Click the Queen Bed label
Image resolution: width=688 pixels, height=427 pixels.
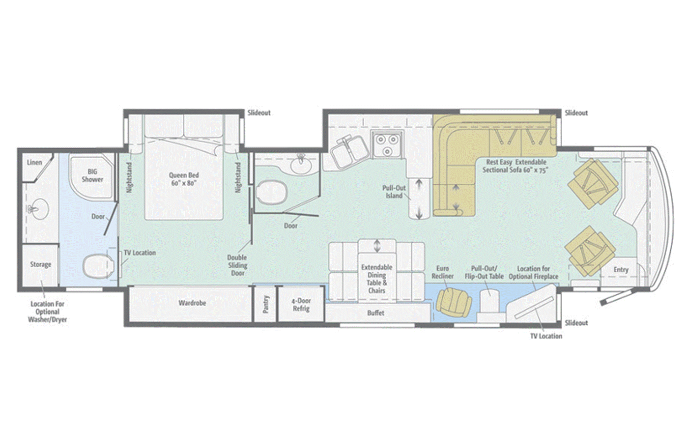(184, 179)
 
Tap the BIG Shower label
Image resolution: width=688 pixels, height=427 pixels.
(92, 175)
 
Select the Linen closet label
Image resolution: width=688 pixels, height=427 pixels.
(34, 162)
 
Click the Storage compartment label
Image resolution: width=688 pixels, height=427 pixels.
(40, 264)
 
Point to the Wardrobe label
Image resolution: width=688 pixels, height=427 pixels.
(192, 303)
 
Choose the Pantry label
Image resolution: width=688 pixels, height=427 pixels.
(266, 304)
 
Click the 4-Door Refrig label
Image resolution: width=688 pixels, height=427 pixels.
(301, 305)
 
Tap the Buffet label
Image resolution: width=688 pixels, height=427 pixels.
(375, 313)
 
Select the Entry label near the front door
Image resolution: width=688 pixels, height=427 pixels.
(621, 270)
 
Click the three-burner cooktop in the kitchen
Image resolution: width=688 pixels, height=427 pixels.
(387, 144)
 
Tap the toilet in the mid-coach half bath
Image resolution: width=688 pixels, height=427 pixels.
(271, 193)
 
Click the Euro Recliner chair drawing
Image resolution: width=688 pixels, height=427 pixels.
(454, 303)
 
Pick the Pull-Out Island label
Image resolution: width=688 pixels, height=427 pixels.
(394, 192)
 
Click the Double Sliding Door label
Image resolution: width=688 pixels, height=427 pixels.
(237, 265)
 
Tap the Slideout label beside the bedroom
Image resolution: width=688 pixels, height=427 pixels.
(259, 113)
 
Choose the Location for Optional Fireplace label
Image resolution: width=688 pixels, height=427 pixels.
(533, 273)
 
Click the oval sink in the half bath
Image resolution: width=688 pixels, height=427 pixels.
(301, 165)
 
